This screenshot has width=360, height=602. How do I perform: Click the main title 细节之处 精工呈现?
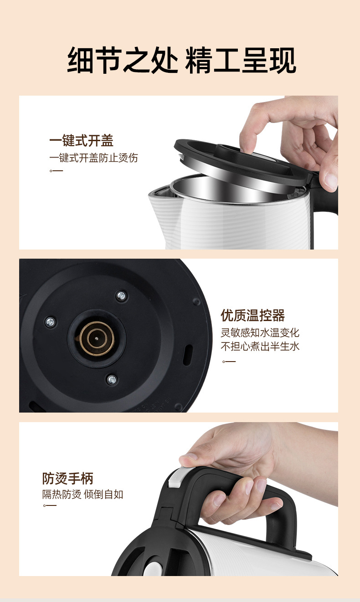pyautogui.click(x=181, y=61)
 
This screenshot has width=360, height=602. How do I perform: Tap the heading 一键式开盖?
pyautogui.click(x=81, y=141)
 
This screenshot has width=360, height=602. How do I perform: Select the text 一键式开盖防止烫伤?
pyautogui.click(x=93, y=158)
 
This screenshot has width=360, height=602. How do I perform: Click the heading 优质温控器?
pyautogui.click(x=253, y=315)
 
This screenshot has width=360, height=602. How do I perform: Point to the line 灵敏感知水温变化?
pyautogui.click(x=260, y=333)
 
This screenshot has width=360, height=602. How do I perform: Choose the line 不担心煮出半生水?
pyautogui.click(x=260, y=347)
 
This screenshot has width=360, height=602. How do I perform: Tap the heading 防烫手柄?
pyautogui.click(x=68, y=478)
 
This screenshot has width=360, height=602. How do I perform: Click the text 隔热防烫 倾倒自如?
pyautogui.click(x=83, y=494)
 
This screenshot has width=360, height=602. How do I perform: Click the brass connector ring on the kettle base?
pyautogui.click(x=97, y=338)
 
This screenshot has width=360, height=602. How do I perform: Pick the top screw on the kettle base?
pyautogui.click(x=121, y=296)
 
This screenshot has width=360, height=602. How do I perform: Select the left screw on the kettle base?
pyautogui.click(x=50, y=322)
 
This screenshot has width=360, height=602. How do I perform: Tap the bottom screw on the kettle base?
pyautogui.click(x=111, y=379)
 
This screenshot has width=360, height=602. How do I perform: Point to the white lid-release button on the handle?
pyautogui.click(x=175, y=478)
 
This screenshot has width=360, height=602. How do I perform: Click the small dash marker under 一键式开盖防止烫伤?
pyautogui.click(x=56, y=171)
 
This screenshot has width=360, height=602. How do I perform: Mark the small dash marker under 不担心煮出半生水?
pyautogui.click(x=229, y=362)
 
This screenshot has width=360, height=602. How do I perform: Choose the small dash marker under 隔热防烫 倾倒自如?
pyautogui.click(x=50, y=506)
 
